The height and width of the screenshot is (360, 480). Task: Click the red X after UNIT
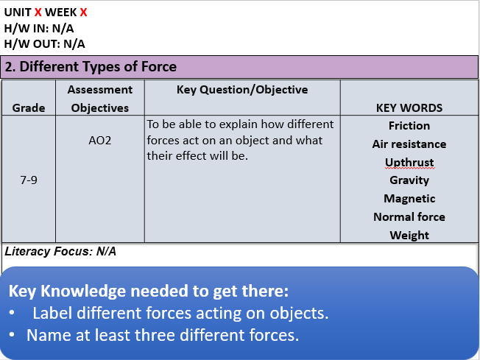pos(38,13)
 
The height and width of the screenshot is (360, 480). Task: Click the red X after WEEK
pos(83,13)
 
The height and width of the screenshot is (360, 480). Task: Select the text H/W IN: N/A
pos(39,28)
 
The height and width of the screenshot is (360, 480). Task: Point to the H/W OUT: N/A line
pos(44,43)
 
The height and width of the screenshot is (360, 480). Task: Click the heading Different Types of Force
pos(91,67)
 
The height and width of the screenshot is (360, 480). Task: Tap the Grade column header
pos(29,107)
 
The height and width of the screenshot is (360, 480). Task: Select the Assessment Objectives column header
pos(99,99)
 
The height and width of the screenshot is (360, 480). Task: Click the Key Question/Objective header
pos(242,90)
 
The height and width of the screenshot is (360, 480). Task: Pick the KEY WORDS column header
pos(409,107)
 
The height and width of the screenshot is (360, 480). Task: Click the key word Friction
pos(409,126)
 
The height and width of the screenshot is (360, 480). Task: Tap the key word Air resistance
pos(409,144)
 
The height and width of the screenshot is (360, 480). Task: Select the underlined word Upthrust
pos(409,162)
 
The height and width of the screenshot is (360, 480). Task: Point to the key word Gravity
pos(409,180)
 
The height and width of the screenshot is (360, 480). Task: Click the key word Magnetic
pos(409,199)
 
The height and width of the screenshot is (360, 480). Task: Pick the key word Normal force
pos(409,217)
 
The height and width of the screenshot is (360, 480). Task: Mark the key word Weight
pos(409,236)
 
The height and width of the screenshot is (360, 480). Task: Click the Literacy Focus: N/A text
pos(60,251)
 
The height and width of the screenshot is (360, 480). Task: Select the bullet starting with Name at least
pos(163,335)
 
